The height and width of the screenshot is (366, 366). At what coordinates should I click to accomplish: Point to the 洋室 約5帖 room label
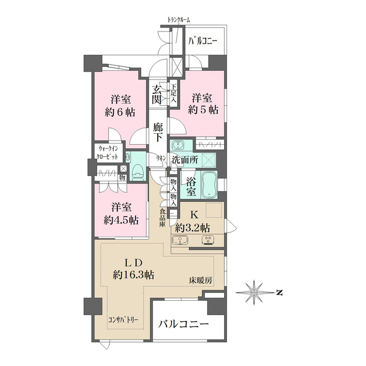[x=204, y=104]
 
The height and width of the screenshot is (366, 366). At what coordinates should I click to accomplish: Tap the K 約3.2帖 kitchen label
[x=193, y=221]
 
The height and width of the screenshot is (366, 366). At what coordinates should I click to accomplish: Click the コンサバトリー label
[x=123, y=320]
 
